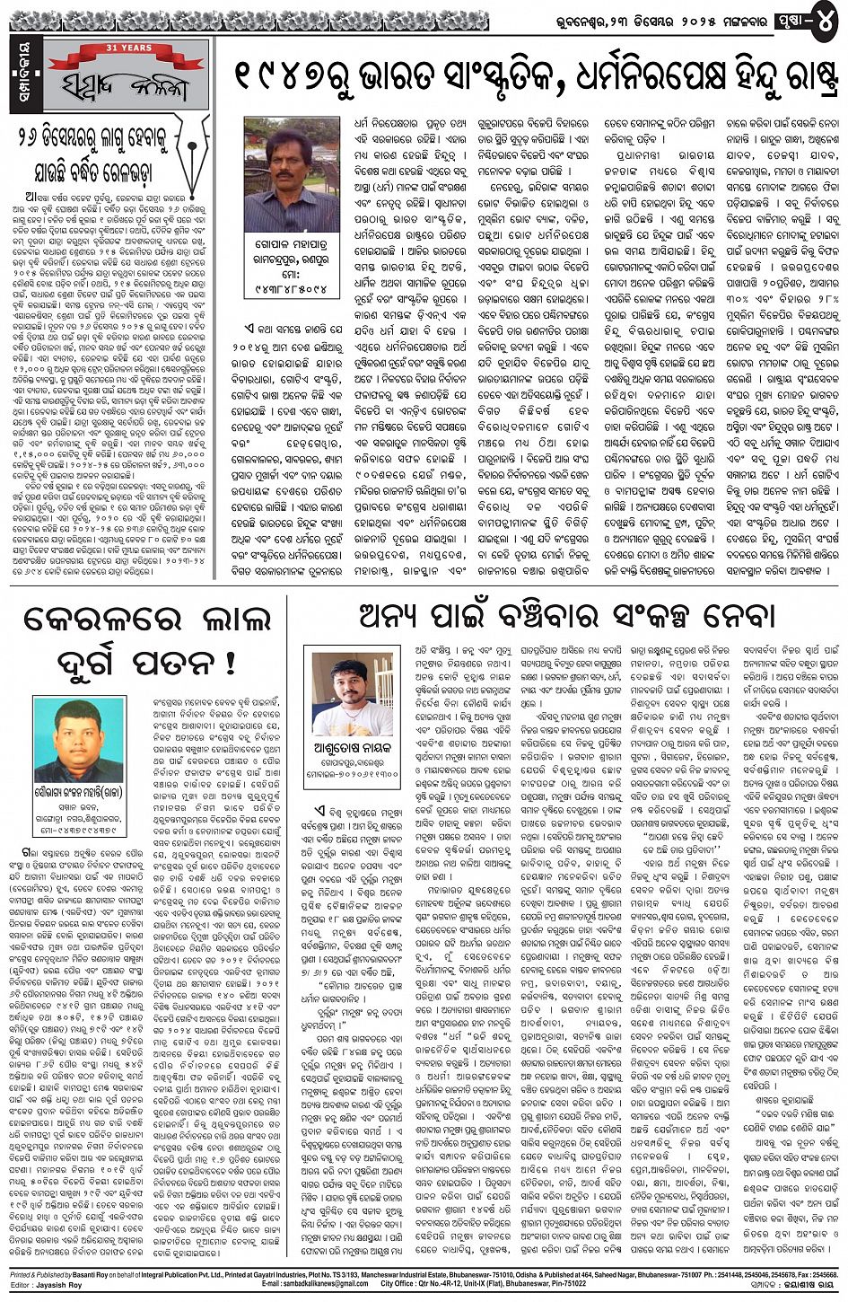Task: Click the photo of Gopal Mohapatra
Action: [292, 174]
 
